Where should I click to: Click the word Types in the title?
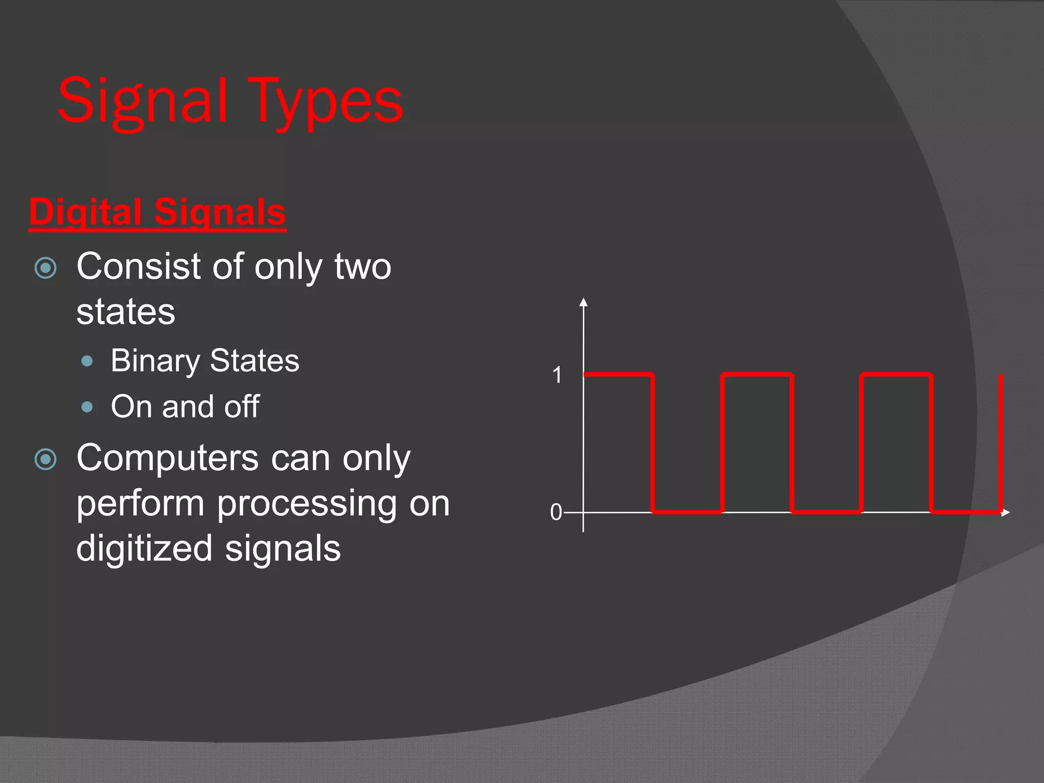[326, 102]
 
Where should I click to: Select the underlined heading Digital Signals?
[157, 212]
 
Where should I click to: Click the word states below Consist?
[125, 312]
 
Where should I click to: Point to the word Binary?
[155, 361]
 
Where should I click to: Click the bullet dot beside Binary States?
[87, 361]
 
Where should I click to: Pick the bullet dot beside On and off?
[87, 407]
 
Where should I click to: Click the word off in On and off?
[242, 406]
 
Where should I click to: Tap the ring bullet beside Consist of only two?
[46, 268]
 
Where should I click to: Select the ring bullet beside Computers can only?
[46, 459]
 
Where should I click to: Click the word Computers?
[168, 458]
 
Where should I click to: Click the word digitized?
[144, 549]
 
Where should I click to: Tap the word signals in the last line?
[282, 549]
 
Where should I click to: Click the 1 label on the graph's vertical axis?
[557, 375]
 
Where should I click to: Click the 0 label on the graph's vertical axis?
[556, 512]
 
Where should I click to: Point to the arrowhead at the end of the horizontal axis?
[1006, 512]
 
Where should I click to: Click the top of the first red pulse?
[618, 375]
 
